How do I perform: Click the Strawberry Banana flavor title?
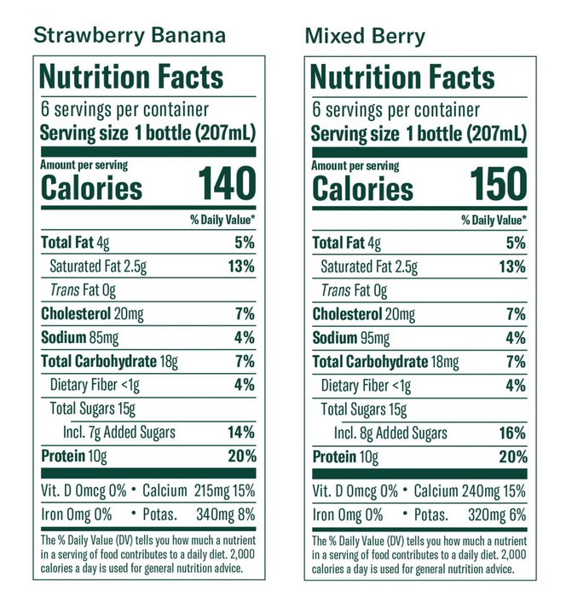(x=129, y=35)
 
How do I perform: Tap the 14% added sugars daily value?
(x=241, y=432)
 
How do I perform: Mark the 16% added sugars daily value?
(x=512, y=433)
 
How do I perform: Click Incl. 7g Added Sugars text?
(x=119, y=432)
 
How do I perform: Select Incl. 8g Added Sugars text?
(x=391, y=433)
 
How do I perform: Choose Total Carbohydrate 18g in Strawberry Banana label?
(x=109, y=361)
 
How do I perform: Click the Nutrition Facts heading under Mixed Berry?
(x=403, y=78)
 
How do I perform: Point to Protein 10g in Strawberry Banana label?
(x=74, y=456)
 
